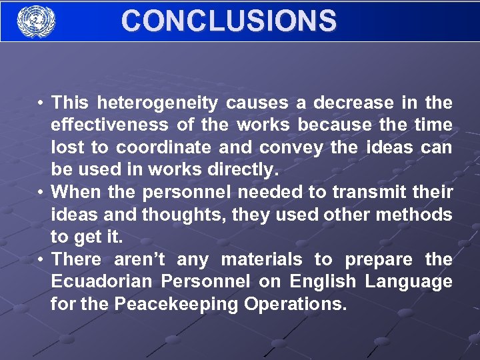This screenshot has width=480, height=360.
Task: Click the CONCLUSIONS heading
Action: (x=229, y=21)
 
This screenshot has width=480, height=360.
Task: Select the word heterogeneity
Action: (x=157, y=103)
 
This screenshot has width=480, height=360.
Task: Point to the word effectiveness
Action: (x=110, y=125)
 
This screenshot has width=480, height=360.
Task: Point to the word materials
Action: (x=261, y=259)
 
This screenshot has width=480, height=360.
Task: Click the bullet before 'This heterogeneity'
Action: (x=41, y=103)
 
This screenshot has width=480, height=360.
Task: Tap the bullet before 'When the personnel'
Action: (x=41, y=192)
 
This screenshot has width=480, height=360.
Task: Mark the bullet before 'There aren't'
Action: (x=41, y=259)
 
